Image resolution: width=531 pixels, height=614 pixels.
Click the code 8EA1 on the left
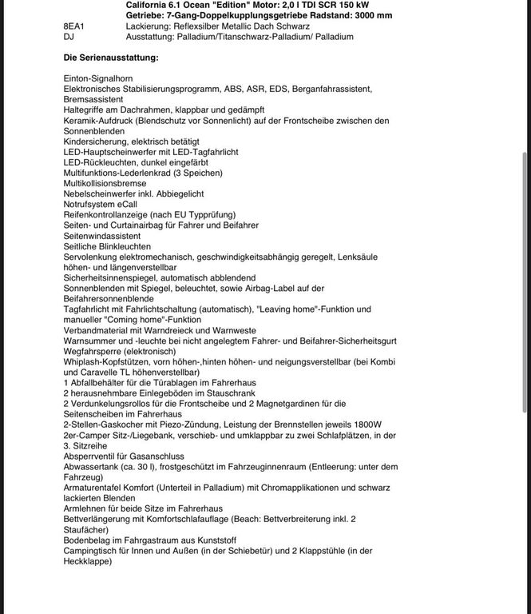[x=73, y=26]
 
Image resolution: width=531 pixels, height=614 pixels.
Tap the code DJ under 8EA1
[x=69, y=37]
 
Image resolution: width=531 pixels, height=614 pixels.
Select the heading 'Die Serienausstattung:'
[x=111, y=58]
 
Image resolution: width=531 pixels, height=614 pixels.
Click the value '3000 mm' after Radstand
[x=375, y=15]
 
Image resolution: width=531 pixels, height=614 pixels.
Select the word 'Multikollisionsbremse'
[x=105, y=183]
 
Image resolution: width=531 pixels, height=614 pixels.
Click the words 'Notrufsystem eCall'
[x=100, y=205]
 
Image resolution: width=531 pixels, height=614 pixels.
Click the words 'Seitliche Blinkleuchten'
[x=107, y=247]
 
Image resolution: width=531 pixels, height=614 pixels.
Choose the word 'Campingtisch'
[x=90, y=551]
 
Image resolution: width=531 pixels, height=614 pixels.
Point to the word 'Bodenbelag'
[x=86, y=540]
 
